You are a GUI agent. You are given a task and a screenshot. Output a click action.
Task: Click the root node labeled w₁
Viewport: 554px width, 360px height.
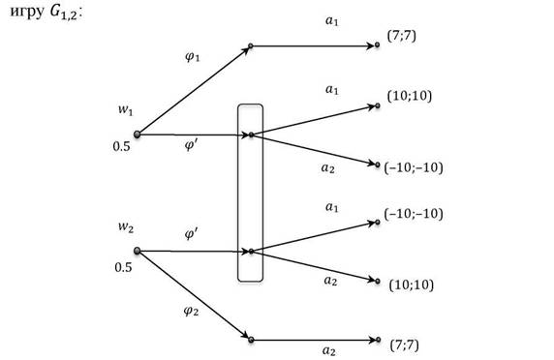pyautogui.click(x=138, y=135)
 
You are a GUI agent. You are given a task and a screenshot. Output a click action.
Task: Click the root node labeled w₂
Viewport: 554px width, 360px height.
pyautogui.click(x=138, y=251)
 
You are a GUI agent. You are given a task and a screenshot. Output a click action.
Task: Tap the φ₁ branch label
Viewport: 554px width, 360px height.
pyautogui.click(x=193, y=56)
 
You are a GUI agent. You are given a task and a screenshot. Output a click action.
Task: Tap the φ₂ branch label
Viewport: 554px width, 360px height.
pyautogui.click(x=191, y=311)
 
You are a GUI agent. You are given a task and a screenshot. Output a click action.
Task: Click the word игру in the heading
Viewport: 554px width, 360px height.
pyautogui.click(x=27, y=12)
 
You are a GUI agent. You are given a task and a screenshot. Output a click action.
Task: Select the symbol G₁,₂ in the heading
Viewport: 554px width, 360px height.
pyautogui.click(x=64, y=12)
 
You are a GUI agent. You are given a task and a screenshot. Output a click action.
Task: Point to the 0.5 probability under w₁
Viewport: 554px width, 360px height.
pyautogui.click(x=121, y=146)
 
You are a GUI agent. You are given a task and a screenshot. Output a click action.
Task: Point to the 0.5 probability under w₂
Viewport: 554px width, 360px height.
pyautogui.click(x=123, y=267)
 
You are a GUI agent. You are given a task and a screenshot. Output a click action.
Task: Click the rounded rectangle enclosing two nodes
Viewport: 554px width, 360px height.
pyautogui.click(x=237, y=193)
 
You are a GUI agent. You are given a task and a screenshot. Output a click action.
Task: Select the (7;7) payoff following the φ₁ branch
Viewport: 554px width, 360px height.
pyautogui.click(x=402, y=36)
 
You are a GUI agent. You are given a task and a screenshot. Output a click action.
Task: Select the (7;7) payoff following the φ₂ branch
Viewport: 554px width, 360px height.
pyautogui.click(x=404, y=345)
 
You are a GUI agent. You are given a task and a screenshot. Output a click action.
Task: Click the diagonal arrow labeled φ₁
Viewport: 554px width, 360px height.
pyautogui.click(x=194, y=90)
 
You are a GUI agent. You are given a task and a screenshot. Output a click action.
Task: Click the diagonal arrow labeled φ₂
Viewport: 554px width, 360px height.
pyautogui.click(x=194, y=295)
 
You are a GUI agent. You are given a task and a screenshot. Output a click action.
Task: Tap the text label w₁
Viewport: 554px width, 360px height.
pyautogui.click(x=126, y=109)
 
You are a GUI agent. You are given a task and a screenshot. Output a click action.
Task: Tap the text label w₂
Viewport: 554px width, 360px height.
pyautogui.click(x=126, y=227)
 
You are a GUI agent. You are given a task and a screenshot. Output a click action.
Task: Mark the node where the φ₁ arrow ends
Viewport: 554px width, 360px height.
pyautogui.click(x=251, y=45)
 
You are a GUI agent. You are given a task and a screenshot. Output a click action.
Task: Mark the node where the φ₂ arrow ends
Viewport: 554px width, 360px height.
pyautogui.click(x=251, y=340)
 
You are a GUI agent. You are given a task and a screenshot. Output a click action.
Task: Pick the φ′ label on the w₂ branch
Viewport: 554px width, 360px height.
pyautogui.click(x=192, y=233)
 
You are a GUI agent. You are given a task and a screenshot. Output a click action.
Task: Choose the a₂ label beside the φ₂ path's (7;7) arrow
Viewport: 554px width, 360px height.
pyautogui.click(x=329, y=350)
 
